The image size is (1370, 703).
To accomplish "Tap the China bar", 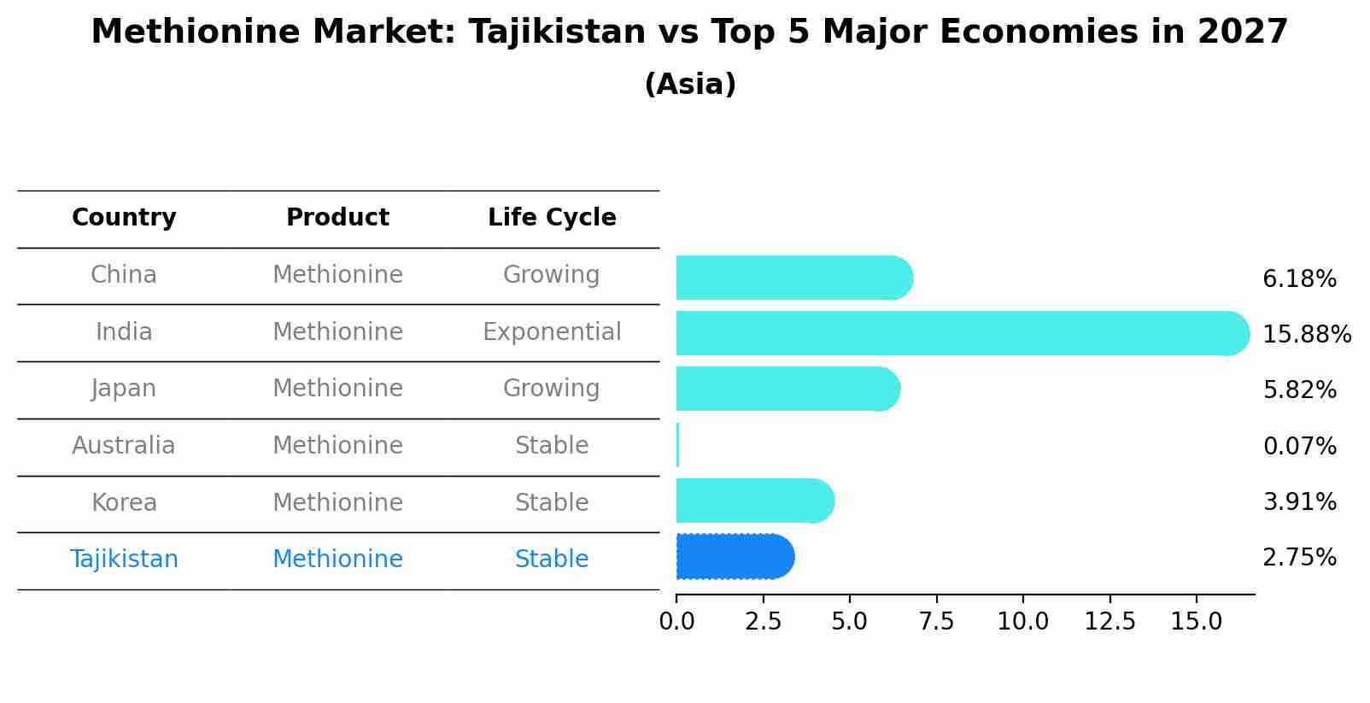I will (x=793, y=278).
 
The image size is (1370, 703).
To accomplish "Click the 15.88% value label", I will (x=1306, y=334).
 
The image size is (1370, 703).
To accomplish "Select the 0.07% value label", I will (x=1299, y=446).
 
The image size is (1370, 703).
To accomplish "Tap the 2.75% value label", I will (x=1299, y=558).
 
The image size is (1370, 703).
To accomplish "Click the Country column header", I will (x=124, y=218).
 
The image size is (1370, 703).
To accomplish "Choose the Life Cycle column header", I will (x=552, y=218).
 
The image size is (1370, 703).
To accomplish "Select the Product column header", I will (x=337, y=218).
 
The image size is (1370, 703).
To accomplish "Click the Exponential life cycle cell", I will (x=552, y=331).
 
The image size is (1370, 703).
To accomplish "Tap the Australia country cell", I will (x=124, y=446).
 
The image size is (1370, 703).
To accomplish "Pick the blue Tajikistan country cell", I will (x=124, y=559).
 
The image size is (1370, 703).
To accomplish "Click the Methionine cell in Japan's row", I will (x=337, y=389).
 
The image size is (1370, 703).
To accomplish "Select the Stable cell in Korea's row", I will (x=552, y=502).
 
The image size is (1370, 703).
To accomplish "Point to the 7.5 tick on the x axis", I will (x=936, y=622).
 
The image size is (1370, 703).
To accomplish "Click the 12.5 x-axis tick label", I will (x=1109, y=622).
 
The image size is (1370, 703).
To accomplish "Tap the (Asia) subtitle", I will (x=690, y=85).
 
